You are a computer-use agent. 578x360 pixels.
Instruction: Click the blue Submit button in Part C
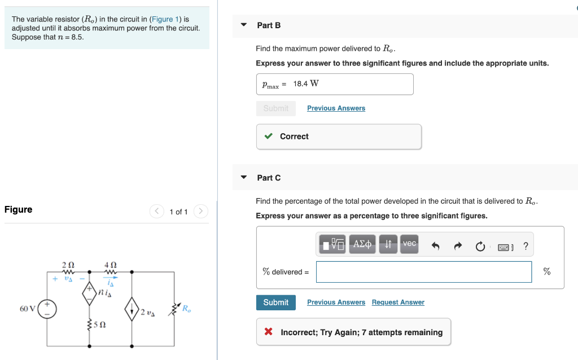[x=275, y=302]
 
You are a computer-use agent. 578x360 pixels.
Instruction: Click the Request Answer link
[x=397, y=302]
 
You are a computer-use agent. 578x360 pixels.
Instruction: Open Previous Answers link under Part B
[x=336, y=108]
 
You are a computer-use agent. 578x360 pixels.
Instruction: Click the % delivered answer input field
[x=423, y=272]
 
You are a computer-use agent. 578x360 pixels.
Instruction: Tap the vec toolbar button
[x=409, y=244]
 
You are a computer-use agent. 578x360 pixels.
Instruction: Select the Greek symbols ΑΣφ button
[x=362, y=244]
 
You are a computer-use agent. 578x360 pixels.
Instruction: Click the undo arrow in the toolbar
[x=435, y=246]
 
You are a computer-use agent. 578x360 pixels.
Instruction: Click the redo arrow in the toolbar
[x=458, y=246]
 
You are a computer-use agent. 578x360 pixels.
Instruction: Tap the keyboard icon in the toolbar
[x=504, y=247]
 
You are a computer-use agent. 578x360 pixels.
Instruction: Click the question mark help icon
[x=526, y=246]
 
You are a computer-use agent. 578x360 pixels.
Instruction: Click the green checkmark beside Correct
[x=269, y=137]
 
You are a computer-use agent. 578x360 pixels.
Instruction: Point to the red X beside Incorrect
[x=269, y=332]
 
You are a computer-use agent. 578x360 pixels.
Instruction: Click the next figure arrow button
[x=200, y=212]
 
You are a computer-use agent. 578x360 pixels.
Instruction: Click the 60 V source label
[x=27, y=309]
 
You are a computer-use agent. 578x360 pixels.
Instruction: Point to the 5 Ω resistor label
[x=99, y=325]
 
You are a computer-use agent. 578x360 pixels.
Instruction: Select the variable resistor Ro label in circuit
[x=187, y=308]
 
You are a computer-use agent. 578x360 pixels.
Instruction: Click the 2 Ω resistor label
[x=68, y=264]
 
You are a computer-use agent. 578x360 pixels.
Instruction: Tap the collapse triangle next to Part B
[x=244, y=25]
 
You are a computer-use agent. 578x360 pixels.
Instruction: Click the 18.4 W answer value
[x=306, y=84]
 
